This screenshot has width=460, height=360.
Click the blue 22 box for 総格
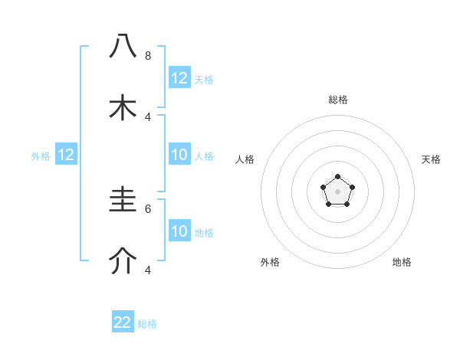tap(123, 322)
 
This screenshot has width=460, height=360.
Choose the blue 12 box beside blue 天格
tap(179, 78)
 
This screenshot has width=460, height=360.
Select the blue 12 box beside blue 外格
tap(66, 155)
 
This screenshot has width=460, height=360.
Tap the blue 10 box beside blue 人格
tap(179, 155)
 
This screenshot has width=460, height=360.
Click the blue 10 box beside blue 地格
tap(179, 231)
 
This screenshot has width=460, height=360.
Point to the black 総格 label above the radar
tap(337, 100)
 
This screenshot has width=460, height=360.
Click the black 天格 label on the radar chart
tap(431, 159)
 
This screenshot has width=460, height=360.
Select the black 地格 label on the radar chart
tap(402, 262)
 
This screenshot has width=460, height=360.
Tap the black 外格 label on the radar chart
tap(270, 262)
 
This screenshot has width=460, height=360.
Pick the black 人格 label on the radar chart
tap(245, 159)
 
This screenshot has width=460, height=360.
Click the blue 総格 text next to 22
tap(147, 324)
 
